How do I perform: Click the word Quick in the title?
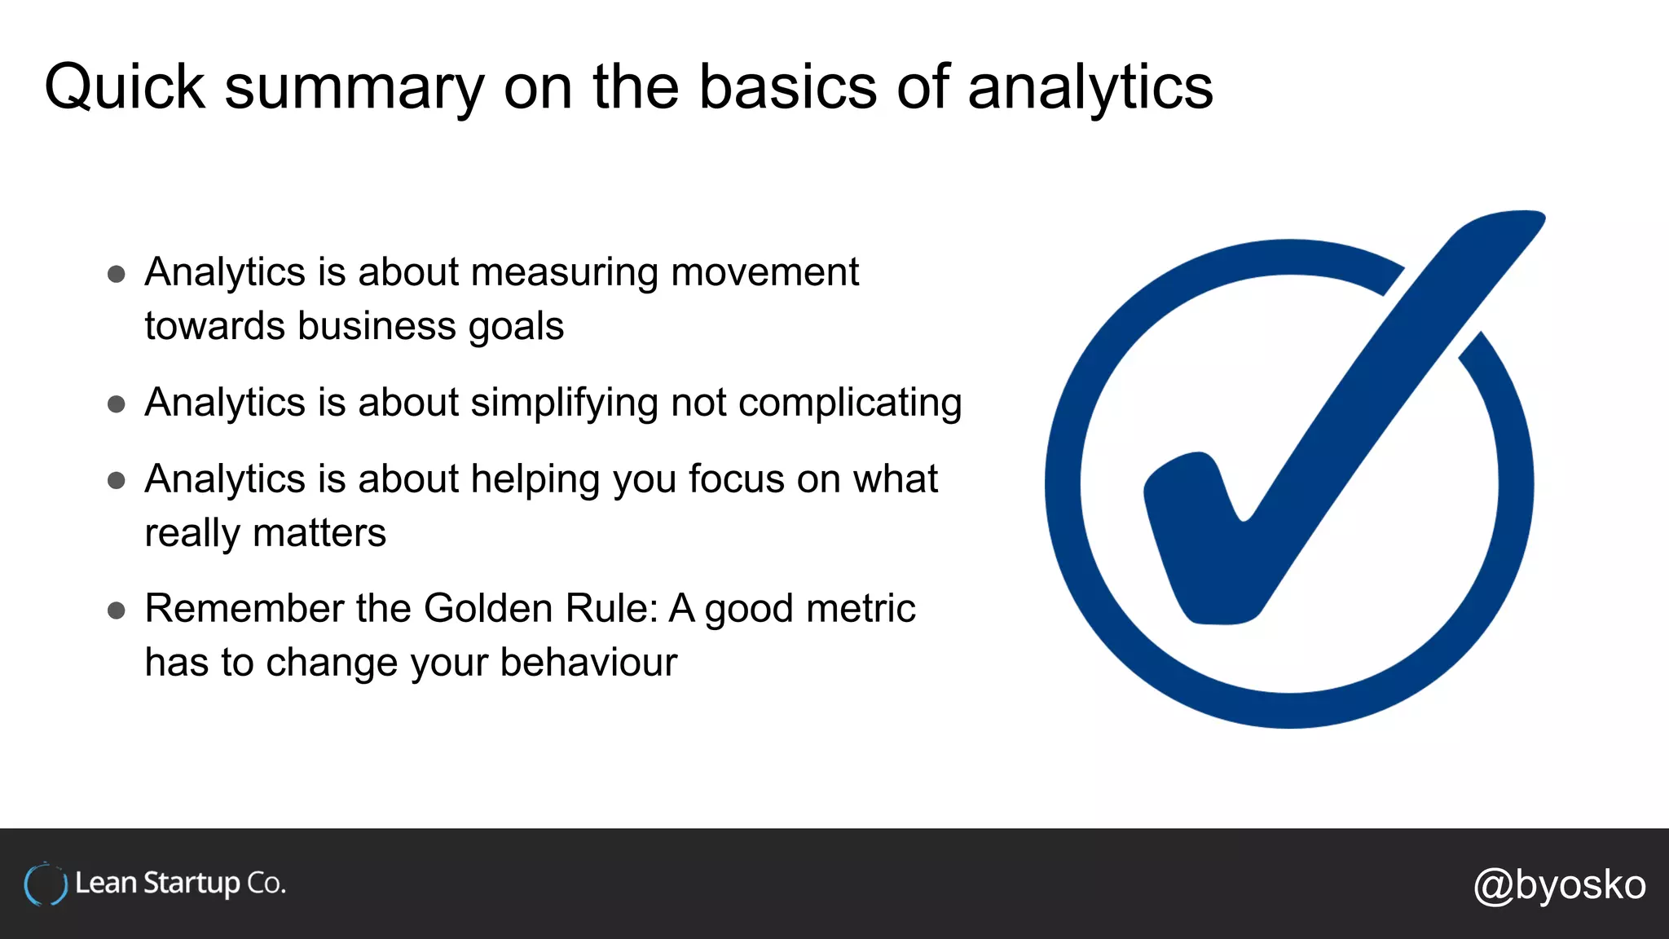tap(124, 87)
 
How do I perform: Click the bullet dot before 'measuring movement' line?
tap(117, 274)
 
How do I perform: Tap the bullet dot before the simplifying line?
tap(117, 404)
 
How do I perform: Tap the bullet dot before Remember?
tap(117, 611)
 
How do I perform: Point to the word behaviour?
tap(588, 663)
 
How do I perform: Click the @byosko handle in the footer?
tap(1559, 885)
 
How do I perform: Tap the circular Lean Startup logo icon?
tap(45, 884)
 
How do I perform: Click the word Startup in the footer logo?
tap(192, 884)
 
